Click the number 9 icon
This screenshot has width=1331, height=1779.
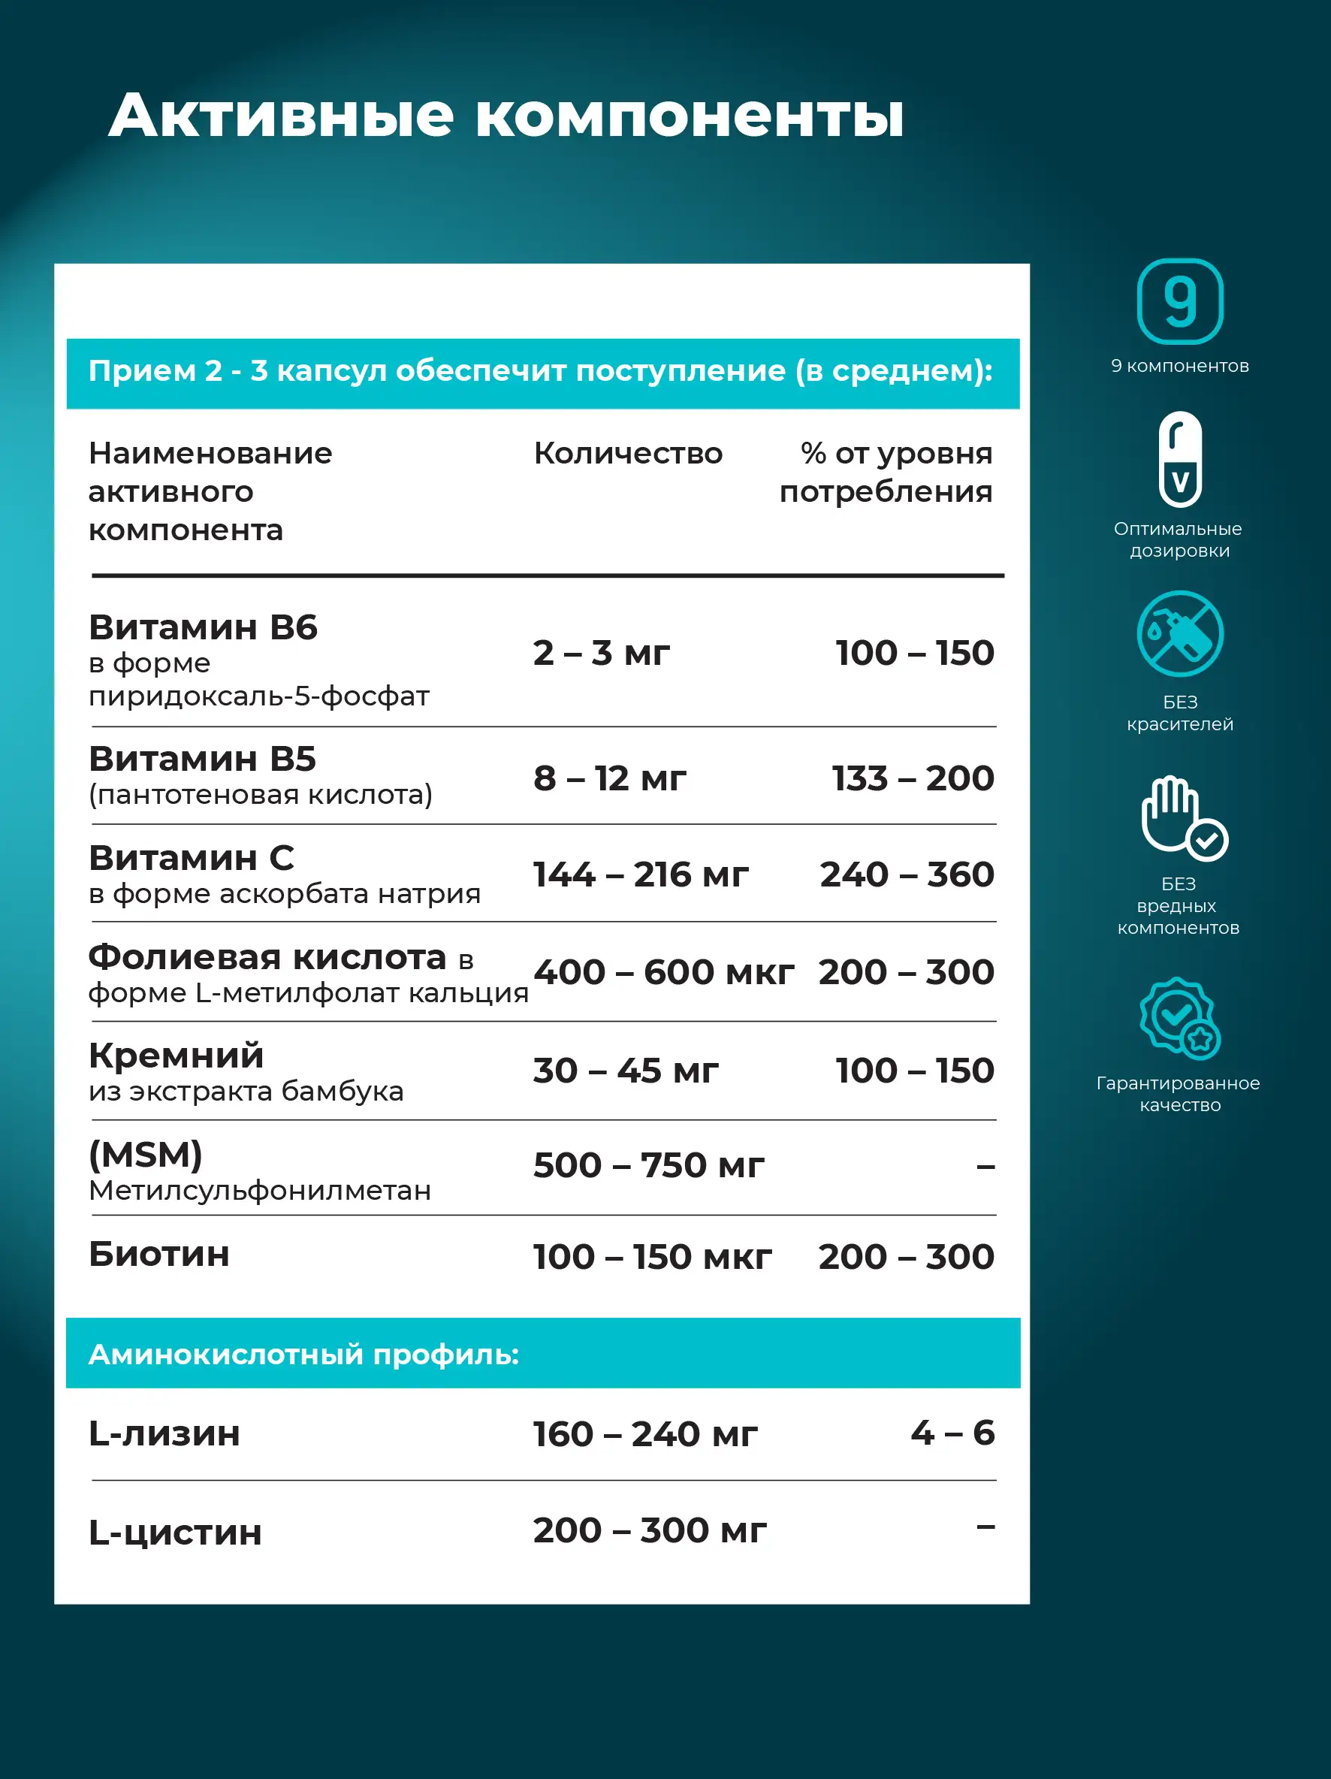tap(1179, 301)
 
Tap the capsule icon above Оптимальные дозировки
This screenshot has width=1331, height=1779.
tap(1180, 459)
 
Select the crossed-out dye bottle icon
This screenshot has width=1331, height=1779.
tap(1180, 634)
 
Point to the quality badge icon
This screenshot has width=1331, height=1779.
tap(1180, 1017)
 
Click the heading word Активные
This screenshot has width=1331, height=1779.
tap(281, 116)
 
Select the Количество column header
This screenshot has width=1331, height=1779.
tap(628, 454)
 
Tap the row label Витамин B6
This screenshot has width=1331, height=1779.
tap(203, 627)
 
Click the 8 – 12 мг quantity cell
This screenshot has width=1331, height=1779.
tap(610, 778)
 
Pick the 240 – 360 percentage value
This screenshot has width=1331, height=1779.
tap(907, 875)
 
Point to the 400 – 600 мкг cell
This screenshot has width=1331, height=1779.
tap(663, 972)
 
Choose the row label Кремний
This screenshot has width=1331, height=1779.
tap(176, 1056)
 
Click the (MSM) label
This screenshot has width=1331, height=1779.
tap(146, 1155)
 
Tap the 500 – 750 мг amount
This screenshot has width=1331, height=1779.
tap(648, 1165)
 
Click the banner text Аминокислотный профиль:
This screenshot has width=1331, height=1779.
tap(303, 1355)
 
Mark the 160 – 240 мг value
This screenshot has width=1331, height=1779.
tap(645, 1434)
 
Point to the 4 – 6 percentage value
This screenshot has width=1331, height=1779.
tap(952, 1433)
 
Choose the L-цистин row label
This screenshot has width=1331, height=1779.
tap(175, 1533)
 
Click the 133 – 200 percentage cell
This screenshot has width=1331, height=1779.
tap(913, 778)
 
